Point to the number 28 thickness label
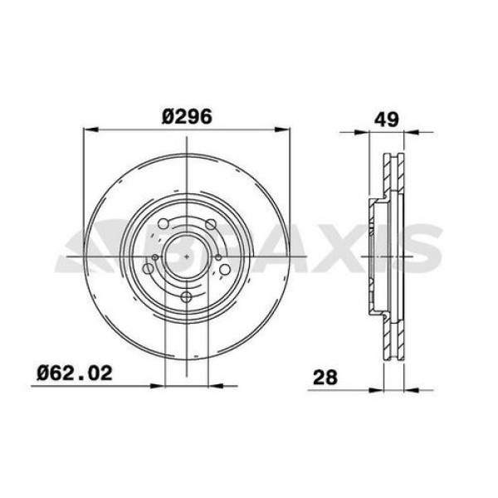coord(325,378)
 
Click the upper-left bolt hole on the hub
coord(164,223)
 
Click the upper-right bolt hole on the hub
coord(211,223)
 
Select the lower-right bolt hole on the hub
coord(225,268)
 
